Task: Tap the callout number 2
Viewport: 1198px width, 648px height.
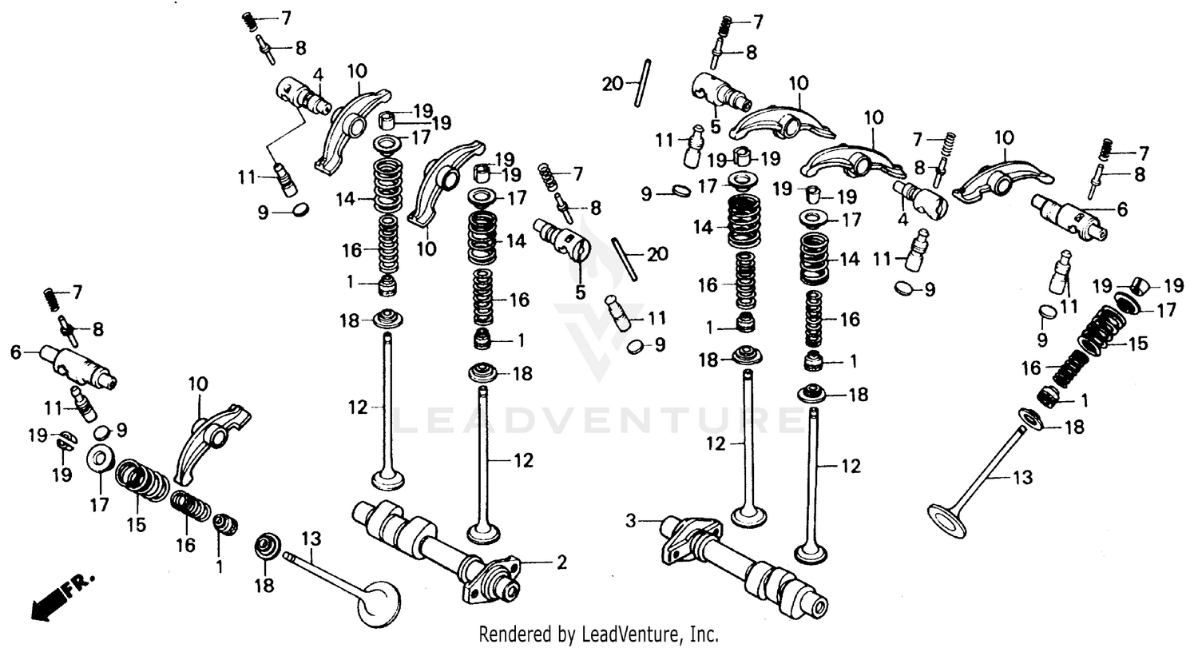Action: point(561,563)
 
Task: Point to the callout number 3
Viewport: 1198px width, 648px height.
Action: point(630,522)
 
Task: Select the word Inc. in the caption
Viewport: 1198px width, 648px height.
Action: point(702,635)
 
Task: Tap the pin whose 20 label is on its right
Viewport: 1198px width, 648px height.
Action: point(624,258)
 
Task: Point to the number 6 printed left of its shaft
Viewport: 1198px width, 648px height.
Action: point(14,352)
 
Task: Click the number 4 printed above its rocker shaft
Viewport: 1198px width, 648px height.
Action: point(318,77)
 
